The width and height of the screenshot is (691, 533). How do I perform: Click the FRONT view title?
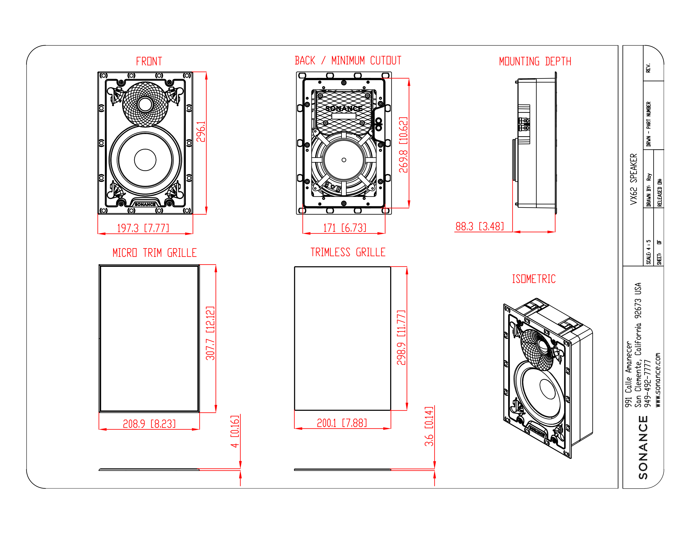tap(149, 61)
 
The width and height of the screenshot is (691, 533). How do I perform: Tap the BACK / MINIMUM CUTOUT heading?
tap(348, 60)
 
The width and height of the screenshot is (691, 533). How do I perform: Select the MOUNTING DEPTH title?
tap(535, 61)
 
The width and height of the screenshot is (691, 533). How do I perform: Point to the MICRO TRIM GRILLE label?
tap(154, 253)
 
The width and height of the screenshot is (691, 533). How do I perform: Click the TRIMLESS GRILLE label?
tap(348, 252)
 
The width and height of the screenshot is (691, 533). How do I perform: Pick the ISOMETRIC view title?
tap(534, 279)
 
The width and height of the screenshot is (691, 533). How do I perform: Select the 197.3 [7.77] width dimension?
tap(143, 228)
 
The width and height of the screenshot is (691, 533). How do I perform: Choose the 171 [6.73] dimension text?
tap(345, 227)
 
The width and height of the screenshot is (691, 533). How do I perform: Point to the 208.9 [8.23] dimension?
tap(149, 424)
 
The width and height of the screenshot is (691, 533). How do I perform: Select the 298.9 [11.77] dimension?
tap(401, 337)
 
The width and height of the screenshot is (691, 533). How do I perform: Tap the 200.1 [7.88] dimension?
tap(342, 423)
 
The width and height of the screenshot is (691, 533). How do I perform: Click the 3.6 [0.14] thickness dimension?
tap(429, 426)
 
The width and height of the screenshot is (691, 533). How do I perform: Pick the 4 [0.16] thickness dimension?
tap(235, 431)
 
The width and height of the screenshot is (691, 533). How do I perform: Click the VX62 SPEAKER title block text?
tap(633, 179)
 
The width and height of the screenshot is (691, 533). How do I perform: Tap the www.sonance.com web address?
tap(658, 380)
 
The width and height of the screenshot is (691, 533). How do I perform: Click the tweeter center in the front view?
tap(145, 104)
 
